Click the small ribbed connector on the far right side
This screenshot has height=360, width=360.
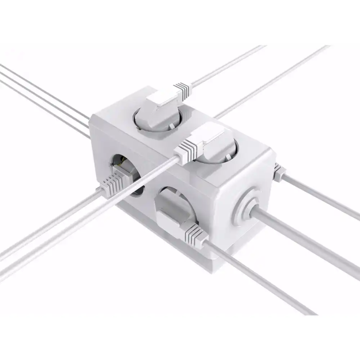click(278, 172)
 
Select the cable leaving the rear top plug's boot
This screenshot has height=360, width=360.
click(226, 65)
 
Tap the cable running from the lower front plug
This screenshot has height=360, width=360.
click(257, 278)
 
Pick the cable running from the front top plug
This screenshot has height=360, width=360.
click(77, 216)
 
